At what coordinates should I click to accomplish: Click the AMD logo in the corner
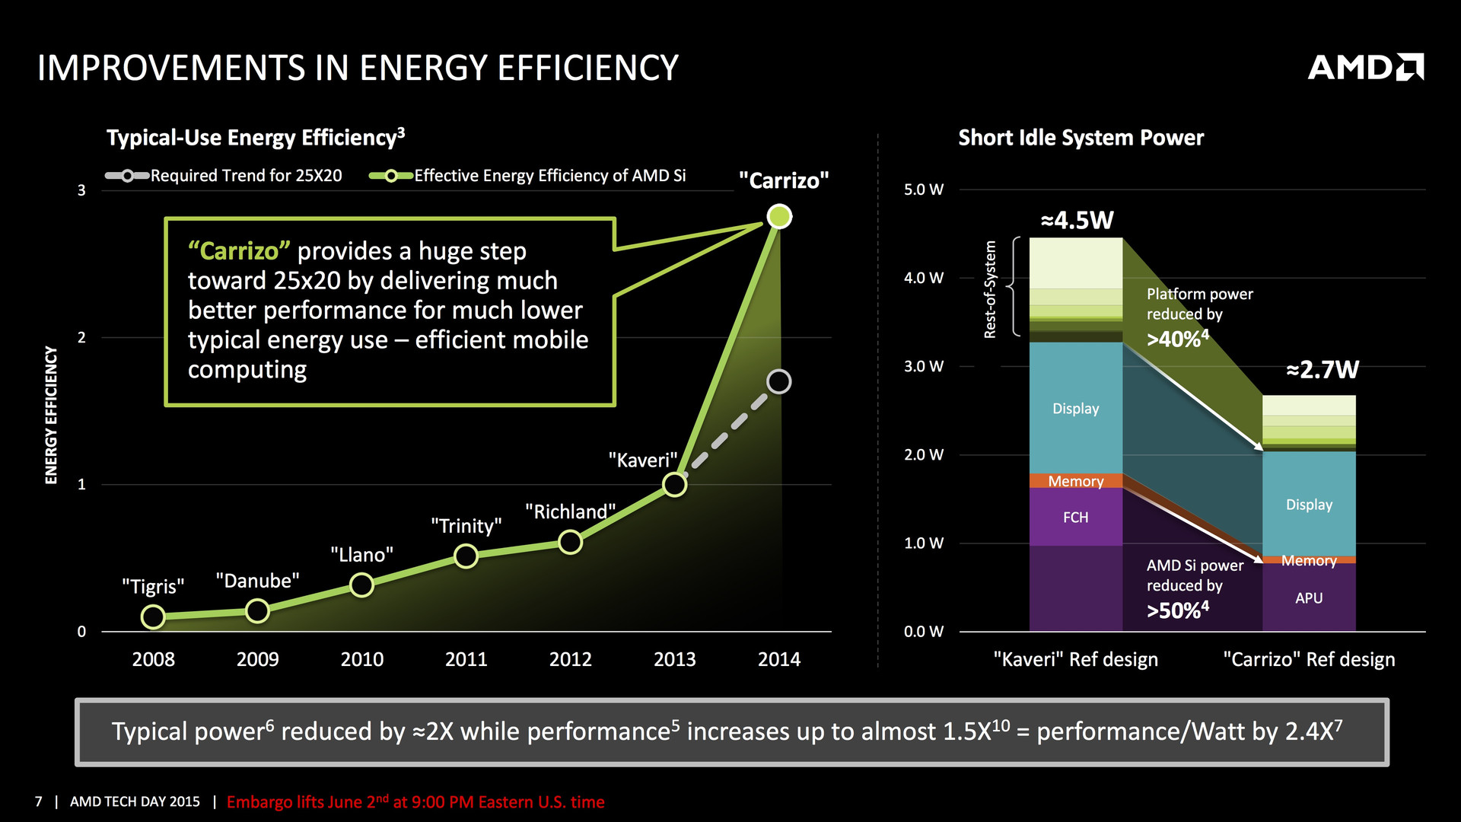1365,67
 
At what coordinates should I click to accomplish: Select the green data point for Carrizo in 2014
779,217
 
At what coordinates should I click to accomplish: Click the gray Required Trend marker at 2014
778,381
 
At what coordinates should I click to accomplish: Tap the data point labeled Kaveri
674,484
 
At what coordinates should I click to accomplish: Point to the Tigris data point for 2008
153,616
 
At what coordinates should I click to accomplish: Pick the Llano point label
361,555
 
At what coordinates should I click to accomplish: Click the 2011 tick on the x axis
466,659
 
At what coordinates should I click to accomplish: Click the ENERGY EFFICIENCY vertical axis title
51,415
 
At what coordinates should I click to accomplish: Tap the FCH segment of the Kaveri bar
1075,518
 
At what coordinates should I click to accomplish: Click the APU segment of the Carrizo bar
1309,598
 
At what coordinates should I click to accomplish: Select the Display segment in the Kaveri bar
1075,409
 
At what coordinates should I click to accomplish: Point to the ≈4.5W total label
1077,221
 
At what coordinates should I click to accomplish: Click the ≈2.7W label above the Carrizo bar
1322,370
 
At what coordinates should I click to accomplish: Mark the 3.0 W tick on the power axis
923,367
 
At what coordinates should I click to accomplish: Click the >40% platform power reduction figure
1177,339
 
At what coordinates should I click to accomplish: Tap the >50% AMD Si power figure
1177,610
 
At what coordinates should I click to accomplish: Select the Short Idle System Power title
1081,138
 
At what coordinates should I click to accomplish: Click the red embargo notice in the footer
415,802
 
